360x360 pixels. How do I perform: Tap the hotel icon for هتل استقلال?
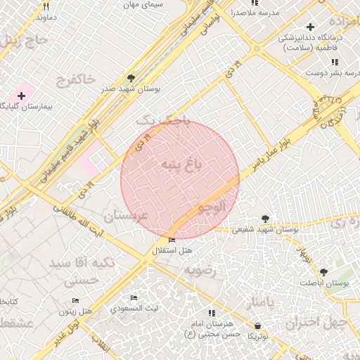172,241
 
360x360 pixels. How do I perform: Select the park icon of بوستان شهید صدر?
131,78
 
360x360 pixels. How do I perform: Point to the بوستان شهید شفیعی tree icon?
264,219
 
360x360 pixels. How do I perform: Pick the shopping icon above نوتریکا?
259,326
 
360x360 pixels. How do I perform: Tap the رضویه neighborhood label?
198,270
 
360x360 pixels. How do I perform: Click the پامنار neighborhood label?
255,302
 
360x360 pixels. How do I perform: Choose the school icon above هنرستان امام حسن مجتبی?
210,313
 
